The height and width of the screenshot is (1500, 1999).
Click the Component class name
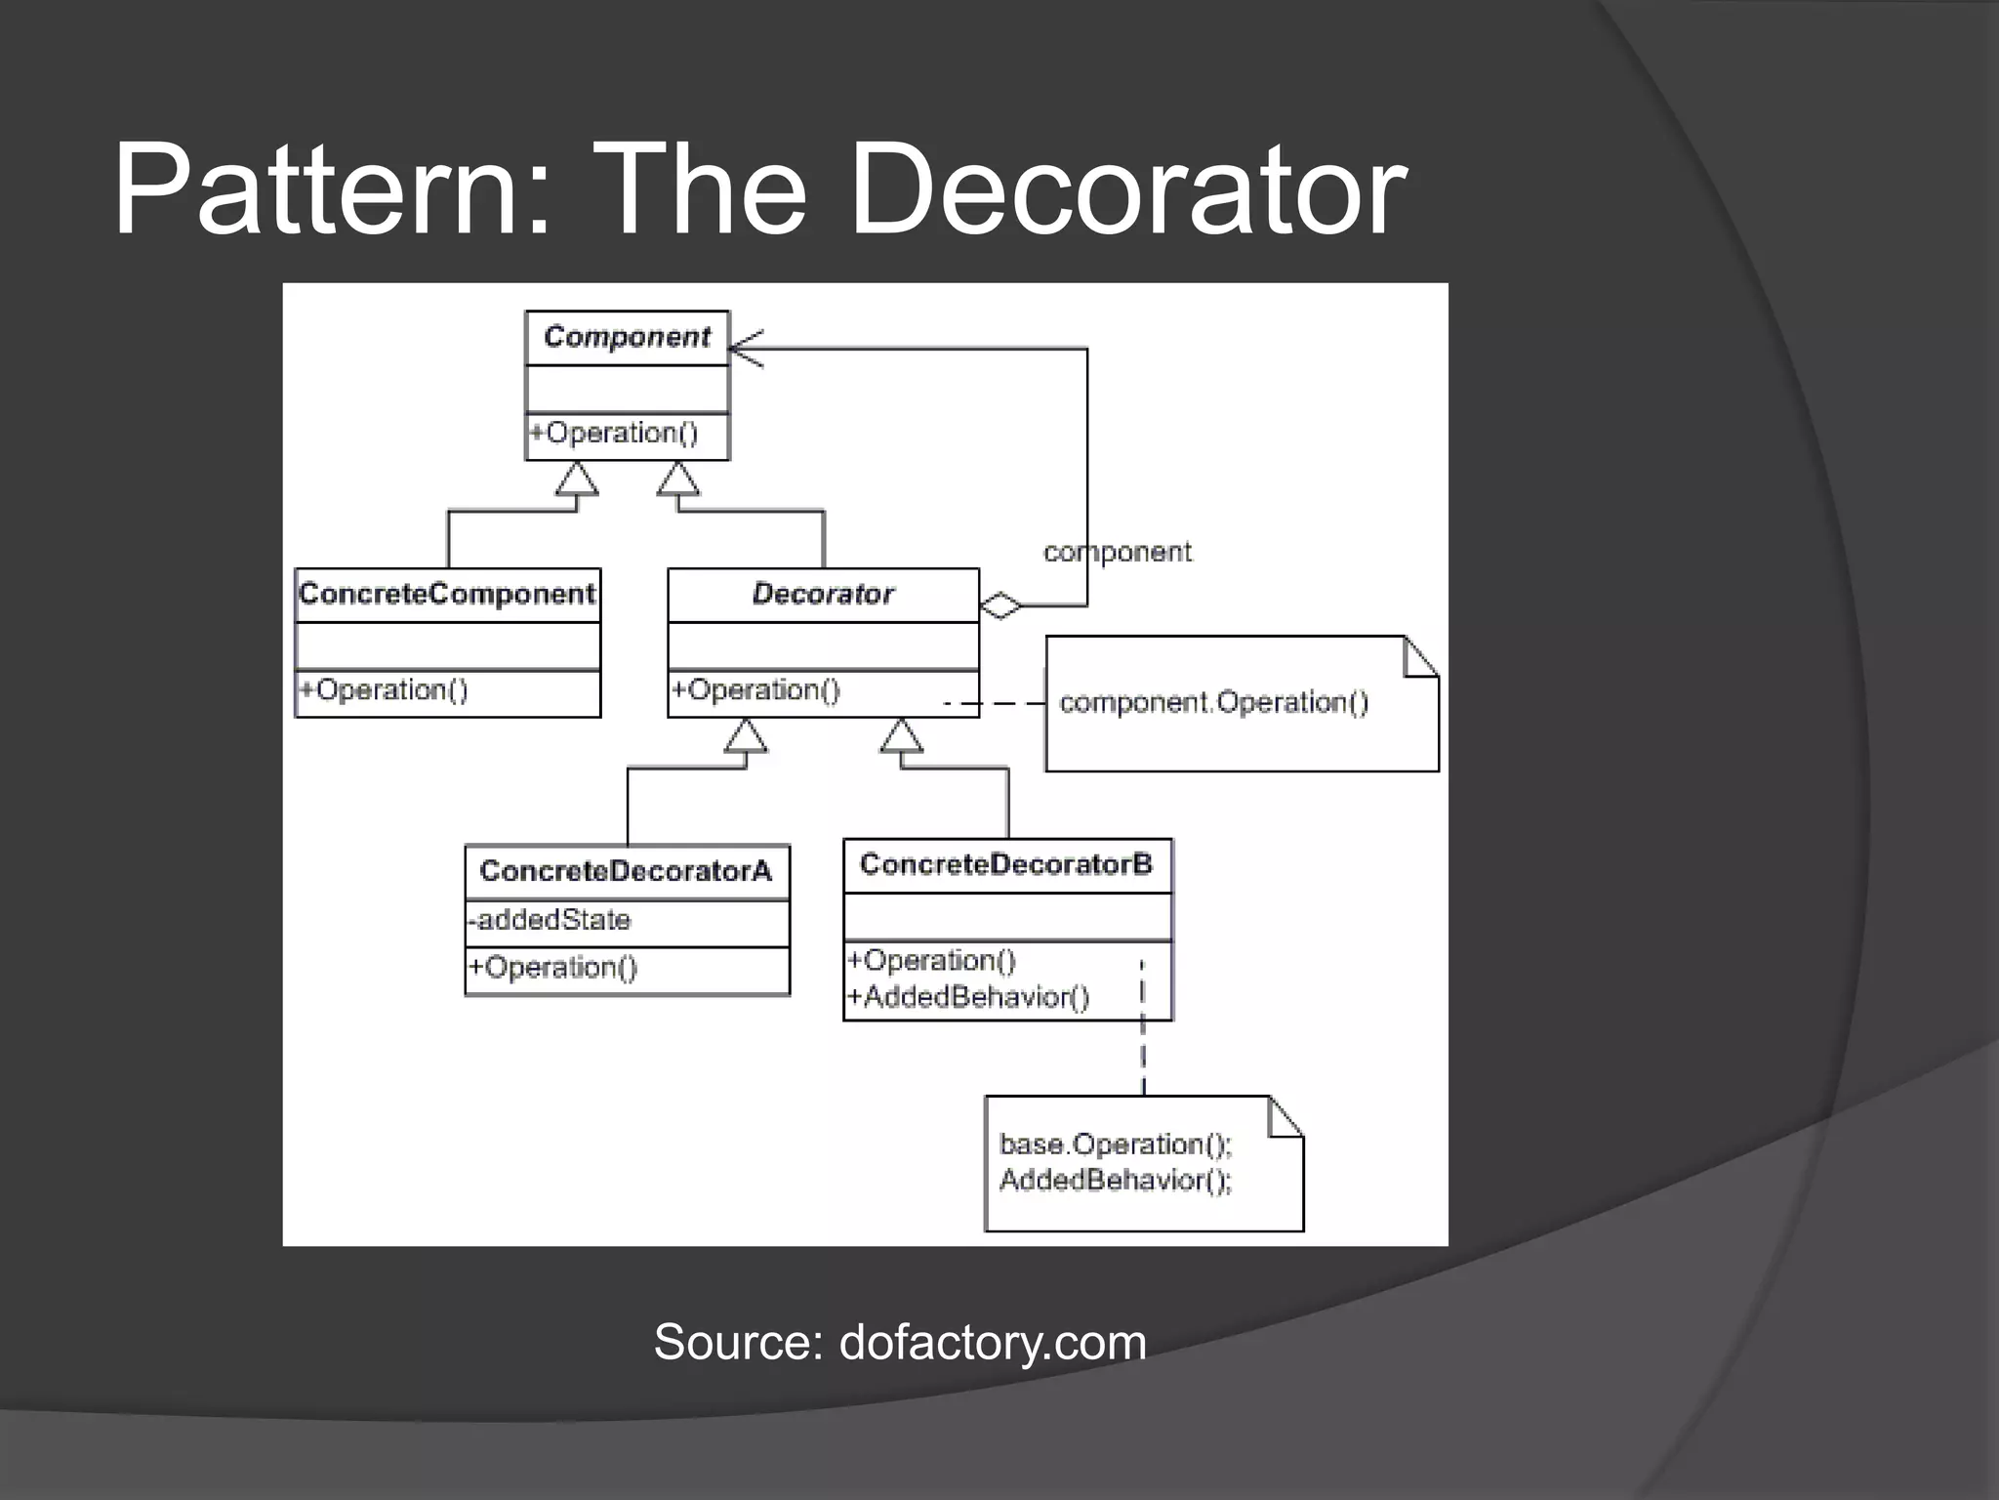pos(627,337)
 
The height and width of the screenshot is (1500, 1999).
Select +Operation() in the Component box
pos(614,433)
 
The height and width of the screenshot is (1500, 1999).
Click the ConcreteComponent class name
pos(447,594)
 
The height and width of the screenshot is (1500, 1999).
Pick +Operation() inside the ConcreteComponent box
pos(384,690)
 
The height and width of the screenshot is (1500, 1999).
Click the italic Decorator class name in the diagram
pos(822,594)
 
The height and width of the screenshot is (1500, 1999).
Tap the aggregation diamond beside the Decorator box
pos(1000,605)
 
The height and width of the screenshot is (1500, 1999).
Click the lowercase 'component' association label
pos(1118,553)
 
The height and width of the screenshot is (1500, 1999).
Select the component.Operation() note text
pos(1213,702)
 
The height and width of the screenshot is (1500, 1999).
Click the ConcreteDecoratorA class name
pos(626,871)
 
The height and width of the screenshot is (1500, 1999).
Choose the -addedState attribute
pos(550,920)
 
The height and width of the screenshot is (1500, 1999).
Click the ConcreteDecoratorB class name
pos(1005,864)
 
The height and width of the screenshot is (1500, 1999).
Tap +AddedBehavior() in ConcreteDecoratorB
pos(968,997)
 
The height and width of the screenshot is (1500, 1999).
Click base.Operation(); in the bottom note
pos(1116,1144)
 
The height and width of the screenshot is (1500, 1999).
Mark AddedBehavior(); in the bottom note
pos(1116,1181)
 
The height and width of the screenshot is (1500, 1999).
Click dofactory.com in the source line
pos(993,1342)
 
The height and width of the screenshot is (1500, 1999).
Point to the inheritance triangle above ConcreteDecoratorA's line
pos(746,737)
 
